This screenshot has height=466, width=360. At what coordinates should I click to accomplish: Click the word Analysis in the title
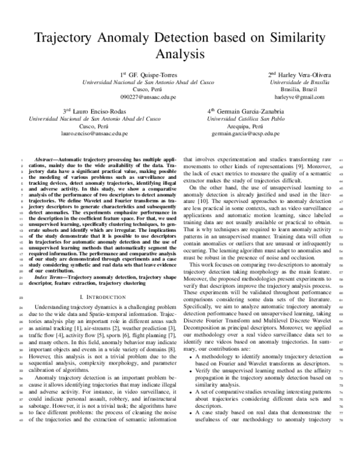coord(180,55)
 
